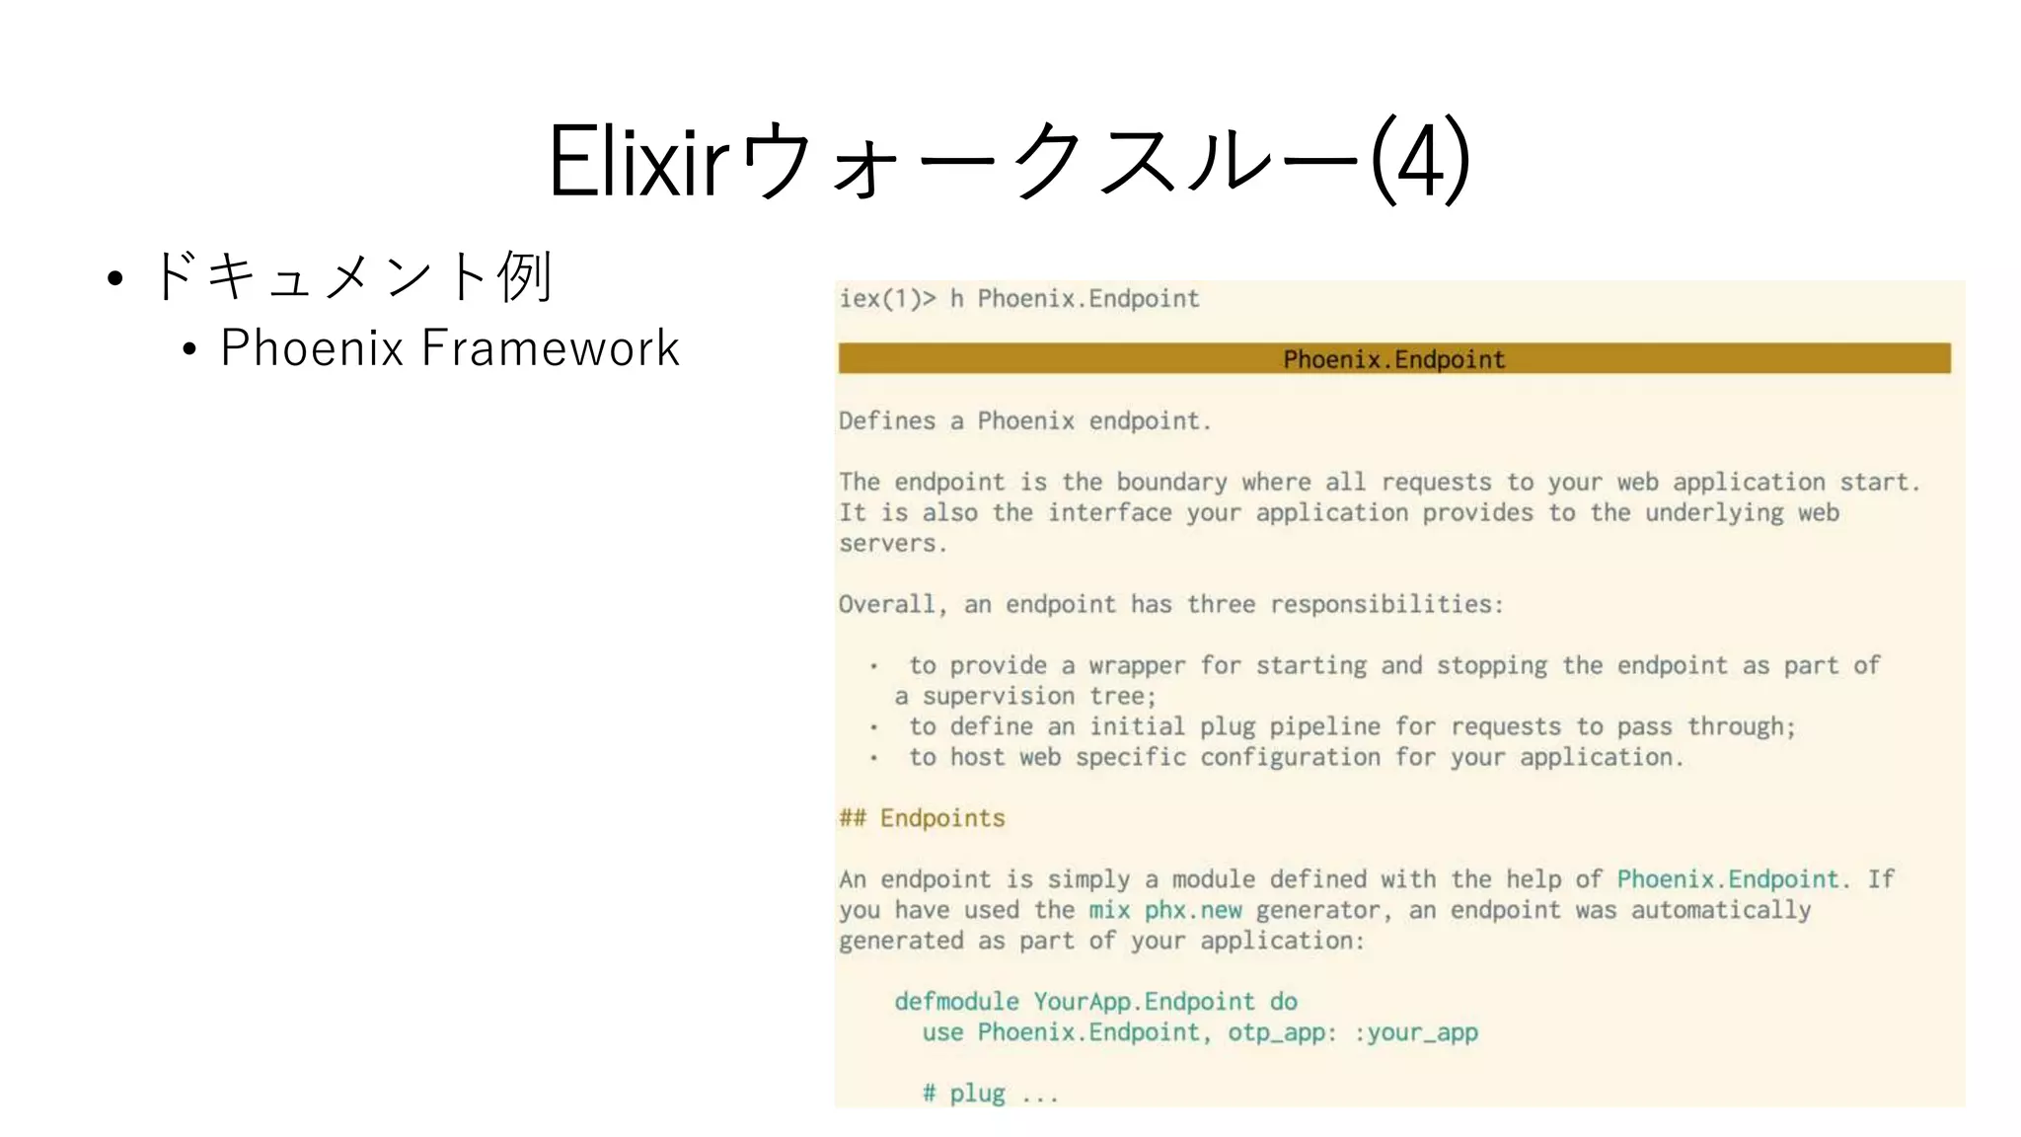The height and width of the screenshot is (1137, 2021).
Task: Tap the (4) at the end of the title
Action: [x=1421, y=161]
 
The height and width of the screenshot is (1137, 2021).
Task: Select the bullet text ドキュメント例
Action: [x=351, y=275]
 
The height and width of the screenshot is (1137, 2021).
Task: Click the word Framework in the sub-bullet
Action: [x=551, y=348]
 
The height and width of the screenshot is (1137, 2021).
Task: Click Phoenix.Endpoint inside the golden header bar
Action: [x=1393, y=359]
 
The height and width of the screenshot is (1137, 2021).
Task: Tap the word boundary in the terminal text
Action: [x=1171, y=483]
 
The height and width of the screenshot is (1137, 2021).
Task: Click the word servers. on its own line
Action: [x=893, y=544]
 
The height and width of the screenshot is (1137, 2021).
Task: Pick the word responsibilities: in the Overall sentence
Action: [x=1386, y=605]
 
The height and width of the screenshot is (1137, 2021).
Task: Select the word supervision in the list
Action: [x=998, y=697]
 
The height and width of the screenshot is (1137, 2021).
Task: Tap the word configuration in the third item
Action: [x=1290, y=758]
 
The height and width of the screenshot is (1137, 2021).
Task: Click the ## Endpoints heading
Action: [x=922, y=818]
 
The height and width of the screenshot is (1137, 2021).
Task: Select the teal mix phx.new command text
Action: [x=1164, y=910]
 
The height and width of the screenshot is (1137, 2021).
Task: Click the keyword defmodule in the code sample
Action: [x=956, y=1002]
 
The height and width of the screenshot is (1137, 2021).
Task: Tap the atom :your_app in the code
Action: [x=1415, y=1032]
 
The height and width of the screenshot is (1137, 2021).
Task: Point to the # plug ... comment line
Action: [x=990, y=1094]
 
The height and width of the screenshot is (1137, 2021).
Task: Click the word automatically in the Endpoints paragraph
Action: [x=1720, y=910]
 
